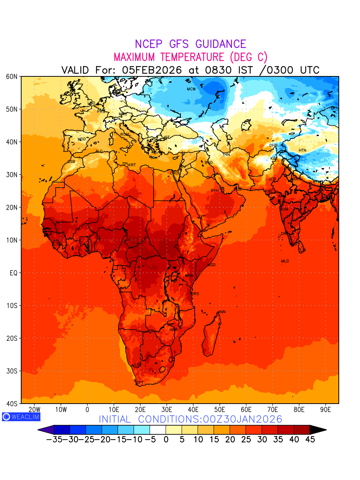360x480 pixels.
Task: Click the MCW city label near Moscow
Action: pyautogui.click(x=191, y=89)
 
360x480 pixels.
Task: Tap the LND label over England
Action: pyautogui.click(x=92, y=103)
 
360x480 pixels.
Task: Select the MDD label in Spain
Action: pyautogui.click(x=82, y=139)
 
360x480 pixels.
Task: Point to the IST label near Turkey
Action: pyautogui.click(x=167, y=137)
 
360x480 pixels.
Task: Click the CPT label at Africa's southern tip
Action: pyautogui.click(x=140, y=383)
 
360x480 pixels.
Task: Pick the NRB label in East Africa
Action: pyautogui.click(x=189, y=276)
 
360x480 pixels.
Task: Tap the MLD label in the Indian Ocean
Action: pyautogui.click(x=285, y=261)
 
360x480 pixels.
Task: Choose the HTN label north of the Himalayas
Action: pyautogui.click(x=302, y=150)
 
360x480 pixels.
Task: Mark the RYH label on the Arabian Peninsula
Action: pyautogui.click(x=215, y=191)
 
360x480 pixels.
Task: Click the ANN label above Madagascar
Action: pyautogui.click(x=222, y=312)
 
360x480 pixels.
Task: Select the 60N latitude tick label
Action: pyautogui.click(x=11, y=76)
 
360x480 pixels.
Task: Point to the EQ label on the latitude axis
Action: pyautogui.click(x=13, y=273)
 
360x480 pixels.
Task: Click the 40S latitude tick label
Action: pyautogui.click(x=11, y=403)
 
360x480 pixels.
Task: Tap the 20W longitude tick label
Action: pyautogui.click(x=35, y=410)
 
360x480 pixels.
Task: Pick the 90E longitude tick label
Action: pyautogui.click(x=326, y=410)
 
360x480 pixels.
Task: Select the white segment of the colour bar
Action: pyautogui.click(x=158, y=430)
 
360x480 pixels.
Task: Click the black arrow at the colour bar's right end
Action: pyautogui.click(x=318, y=430)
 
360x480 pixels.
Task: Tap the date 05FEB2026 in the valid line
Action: pyautogui.click(x=152, y=70)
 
